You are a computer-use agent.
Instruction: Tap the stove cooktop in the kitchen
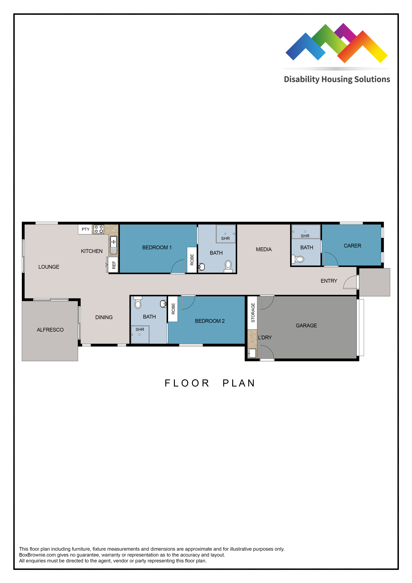click(99, 229)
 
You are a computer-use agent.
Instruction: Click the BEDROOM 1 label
click(157, 248)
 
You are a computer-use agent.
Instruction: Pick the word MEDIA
click(264, 250)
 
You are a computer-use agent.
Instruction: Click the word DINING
click(104, 317)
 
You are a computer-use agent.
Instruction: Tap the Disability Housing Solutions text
click(337, 79)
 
